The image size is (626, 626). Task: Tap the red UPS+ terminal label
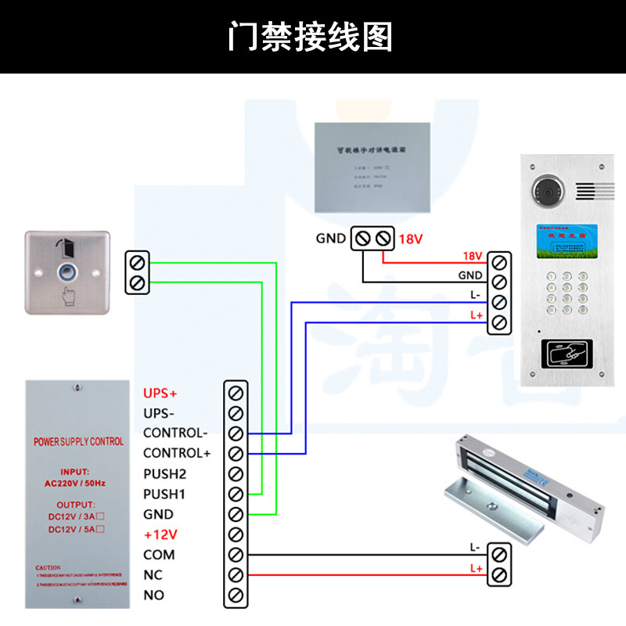pyautogui.click(x=160, y=392)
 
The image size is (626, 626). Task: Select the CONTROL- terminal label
pyautogui.click(x=175, y=433)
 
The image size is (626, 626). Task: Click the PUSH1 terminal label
pyautogui.click(x=164, y=494)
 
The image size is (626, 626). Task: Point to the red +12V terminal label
pyautogui.click(x=160, y=534)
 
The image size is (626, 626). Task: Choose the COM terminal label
pyautogui.click(x=159, y=555)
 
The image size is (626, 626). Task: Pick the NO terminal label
pyautogui.click(x=153, y=595)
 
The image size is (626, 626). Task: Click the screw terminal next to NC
pyautogui.click(x=235, y=575)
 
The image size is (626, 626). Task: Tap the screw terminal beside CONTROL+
pyautogui.click(x=235, y=453)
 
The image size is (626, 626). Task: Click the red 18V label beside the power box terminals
pyautogui.click(x=411, y=238)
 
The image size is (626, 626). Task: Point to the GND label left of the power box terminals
pyautogui.click(x=330, y=238)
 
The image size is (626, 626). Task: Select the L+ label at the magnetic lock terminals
pyautogui.click(x=475, y=569)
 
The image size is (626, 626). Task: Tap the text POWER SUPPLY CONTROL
pyautogui.click(x=78, y=442)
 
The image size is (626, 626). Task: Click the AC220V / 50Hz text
pyautogui.click(x=78, y=483)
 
